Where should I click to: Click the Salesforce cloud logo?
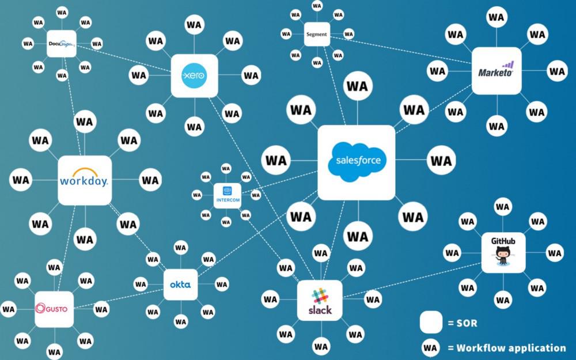pos(357,162)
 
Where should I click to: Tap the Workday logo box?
pos(85,180)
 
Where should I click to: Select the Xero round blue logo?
pos(194,75)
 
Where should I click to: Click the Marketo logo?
pos(497,70)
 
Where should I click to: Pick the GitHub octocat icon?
pos(503,255)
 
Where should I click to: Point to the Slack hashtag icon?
pos(320,296)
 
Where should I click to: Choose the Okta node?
pos(180,285)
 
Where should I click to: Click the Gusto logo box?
pos(54,309)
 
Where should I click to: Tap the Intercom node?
pos(228,196)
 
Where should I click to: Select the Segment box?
pos(317,34)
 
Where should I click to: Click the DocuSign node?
pos(62,44)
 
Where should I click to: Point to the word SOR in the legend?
pos(467,323)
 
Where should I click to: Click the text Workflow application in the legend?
pos(511,348)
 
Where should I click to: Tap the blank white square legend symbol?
pos(431,322)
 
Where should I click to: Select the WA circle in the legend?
pos(430,347)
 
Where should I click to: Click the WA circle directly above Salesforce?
pos(358,86)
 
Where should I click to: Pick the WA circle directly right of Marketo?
pos(557,71)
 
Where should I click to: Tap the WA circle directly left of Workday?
pos(21,180)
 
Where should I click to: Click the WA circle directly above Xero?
pos(194,25)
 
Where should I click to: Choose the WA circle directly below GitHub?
pos(503,300)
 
